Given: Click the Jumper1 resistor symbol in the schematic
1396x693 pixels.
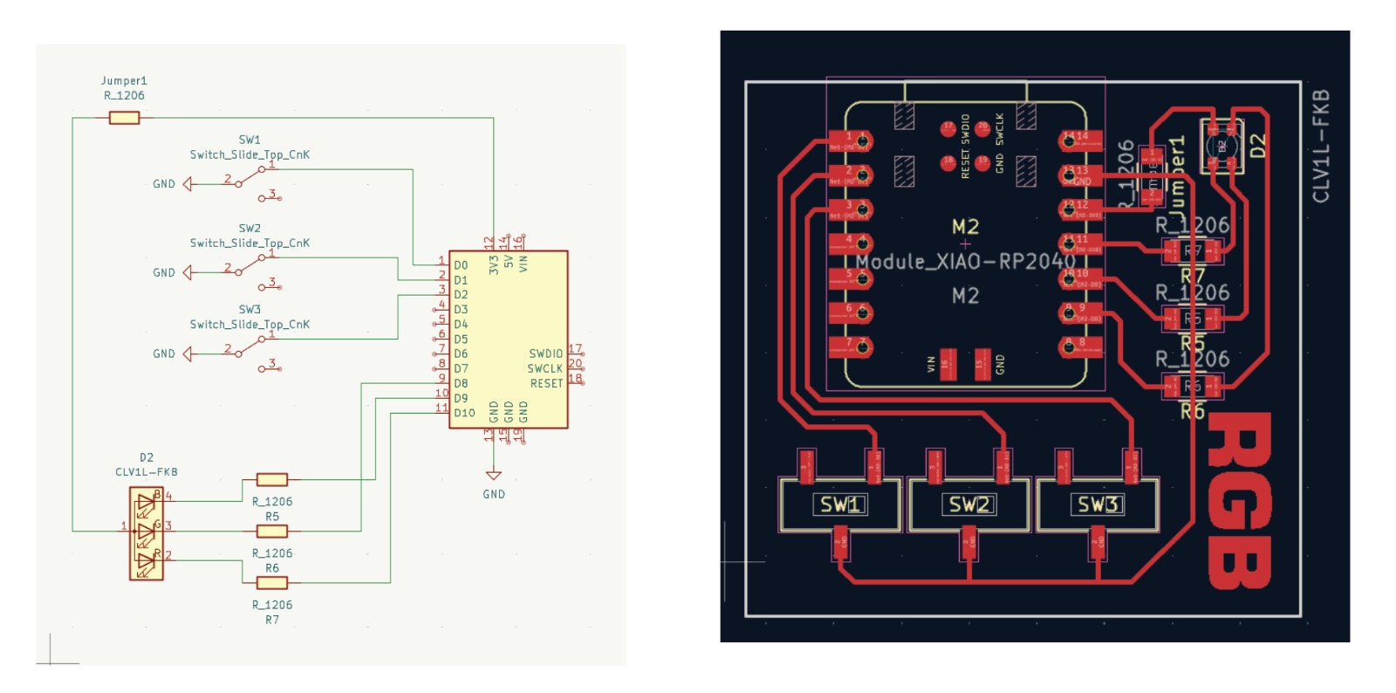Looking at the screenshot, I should point(124,117).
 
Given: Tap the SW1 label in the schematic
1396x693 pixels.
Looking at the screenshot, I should point(250,140).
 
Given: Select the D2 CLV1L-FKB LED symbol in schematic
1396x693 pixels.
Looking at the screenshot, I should point(146,533).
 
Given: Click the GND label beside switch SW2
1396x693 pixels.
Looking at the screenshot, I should point(164,272).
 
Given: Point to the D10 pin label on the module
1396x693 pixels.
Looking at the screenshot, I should point(464,413).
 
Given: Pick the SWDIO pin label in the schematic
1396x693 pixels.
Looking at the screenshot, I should point(545,353).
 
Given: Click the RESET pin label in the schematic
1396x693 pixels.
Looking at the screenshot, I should point(546,383).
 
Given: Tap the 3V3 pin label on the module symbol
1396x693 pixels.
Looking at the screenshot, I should point(494,264).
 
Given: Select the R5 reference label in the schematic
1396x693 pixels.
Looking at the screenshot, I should point(272,517).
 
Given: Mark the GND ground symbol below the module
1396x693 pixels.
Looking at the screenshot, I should point(493,476).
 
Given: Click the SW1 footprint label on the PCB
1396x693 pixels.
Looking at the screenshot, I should point(840,504).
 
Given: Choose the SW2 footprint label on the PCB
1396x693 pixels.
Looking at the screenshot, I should point(969,504).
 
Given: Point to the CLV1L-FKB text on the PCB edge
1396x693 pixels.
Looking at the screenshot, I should point(1321,146).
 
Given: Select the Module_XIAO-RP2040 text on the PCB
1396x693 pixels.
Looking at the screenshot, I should point(965,261).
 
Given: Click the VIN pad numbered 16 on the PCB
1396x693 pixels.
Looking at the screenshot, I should point(946,363).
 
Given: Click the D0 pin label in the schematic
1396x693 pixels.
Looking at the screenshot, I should point(461,265).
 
